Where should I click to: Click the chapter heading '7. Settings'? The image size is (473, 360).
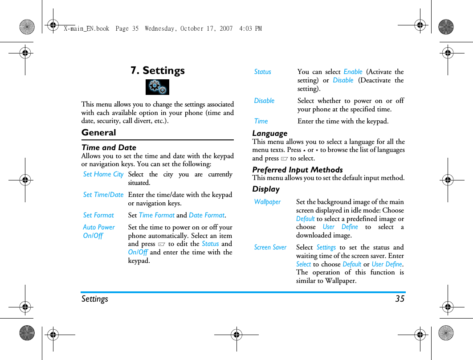(157, 70)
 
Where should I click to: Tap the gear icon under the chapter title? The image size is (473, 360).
(157, 87)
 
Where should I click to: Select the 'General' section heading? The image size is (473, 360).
(98, 132)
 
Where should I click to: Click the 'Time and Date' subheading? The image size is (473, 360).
(109, 147)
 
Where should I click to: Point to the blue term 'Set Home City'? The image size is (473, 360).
(103, 174)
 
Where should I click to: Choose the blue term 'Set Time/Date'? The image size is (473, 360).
(103, 195)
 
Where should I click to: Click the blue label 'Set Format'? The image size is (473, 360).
(98, 215)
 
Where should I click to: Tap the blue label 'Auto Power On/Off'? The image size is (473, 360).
(98, 231)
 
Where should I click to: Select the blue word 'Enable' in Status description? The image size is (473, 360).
(353, 72)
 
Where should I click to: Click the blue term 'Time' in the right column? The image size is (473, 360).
(261, 121)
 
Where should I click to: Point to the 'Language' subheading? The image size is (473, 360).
(269, 133)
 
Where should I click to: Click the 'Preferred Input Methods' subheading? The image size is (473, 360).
(297, 170)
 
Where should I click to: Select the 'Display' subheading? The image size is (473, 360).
(266, 189)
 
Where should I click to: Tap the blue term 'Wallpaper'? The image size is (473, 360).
(267, 202)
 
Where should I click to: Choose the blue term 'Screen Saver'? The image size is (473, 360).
(270, 247)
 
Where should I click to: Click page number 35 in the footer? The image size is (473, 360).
(400, 299)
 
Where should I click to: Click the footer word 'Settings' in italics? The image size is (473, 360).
(94, 299)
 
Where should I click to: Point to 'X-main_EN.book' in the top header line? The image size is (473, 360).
(86, 29)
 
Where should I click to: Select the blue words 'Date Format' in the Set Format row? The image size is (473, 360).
(206, 215)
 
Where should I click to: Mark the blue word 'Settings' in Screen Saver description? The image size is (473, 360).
(326, 247)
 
